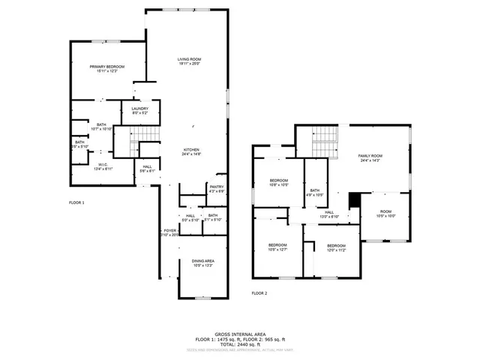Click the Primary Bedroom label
(107, 68)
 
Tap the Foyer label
(169, 232)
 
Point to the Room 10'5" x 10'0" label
(385, 214)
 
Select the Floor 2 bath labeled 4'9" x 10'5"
(315, 193)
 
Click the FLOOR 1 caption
(76, 203)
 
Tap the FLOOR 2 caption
(259, 292)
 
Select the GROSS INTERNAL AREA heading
(239, 333)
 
